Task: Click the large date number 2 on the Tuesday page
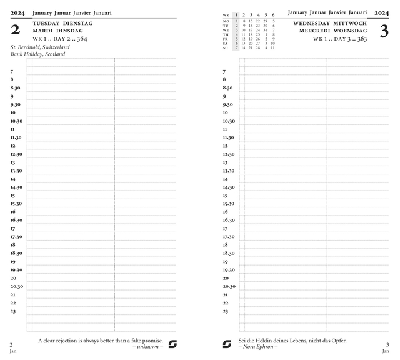click(16, 29)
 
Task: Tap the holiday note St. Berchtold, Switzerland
click(40, 47)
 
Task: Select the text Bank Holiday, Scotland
click(37, 54)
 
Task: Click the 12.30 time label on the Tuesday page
click(16, 154)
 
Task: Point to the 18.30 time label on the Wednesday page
click(229, 253)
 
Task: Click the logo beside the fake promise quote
click(173, 344)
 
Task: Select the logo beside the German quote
click(227, 344)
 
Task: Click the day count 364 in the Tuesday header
click(82, 39)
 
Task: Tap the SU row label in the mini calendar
click(226, 48)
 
